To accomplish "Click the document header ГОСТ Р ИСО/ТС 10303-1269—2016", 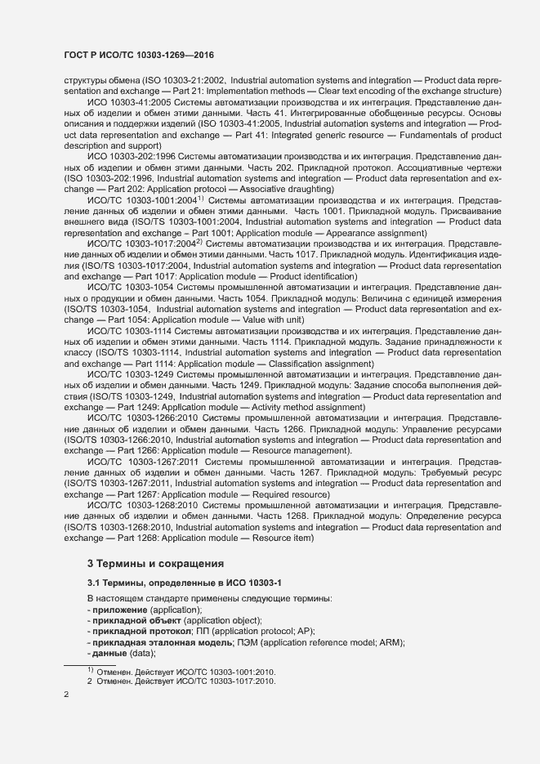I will (x=140, y=54).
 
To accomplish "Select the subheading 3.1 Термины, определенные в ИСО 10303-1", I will (x=184, y=582).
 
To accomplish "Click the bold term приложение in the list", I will (x=119, y=610).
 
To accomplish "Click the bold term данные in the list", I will (x=109, y=653).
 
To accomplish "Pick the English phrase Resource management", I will (x=303, y=450).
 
